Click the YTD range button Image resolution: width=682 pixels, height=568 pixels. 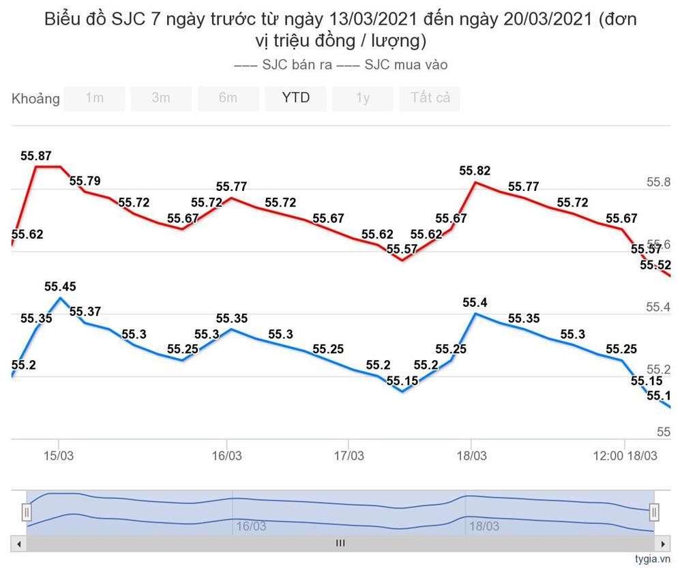[295, 98]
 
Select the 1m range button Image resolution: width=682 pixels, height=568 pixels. [94, 98]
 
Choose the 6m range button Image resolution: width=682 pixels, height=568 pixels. [228, 98]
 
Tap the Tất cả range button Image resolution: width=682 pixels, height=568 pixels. [430, 98]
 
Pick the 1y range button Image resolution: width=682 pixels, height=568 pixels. [362, 98]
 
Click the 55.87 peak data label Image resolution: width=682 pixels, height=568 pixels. [36, 155]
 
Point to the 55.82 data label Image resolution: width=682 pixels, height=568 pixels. [475, 170]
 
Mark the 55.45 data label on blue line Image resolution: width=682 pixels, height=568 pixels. [60, 286]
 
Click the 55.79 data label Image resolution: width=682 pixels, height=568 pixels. [85, 181]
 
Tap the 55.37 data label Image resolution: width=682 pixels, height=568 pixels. [85, 312]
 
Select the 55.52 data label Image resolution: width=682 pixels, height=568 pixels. [655, 265]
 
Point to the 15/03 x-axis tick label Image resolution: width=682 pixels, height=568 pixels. [59, 455]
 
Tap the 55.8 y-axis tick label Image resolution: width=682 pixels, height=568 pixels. [658, 182]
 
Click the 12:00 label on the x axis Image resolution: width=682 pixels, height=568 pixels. [608, 455]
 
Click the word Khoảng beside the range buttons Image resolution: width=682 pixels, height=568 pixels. [35, 99]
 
